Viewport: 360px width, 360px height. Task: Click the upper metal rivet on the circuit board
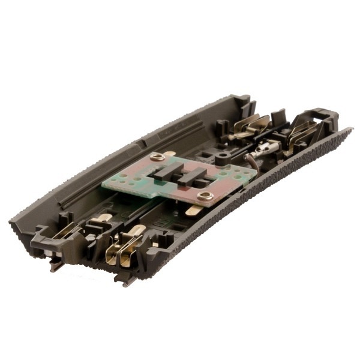pyautogui.click(x=158, y=157)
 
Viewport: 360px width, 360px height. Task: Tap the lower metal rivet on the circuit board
pyautogui.click(x=205, y=196)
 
